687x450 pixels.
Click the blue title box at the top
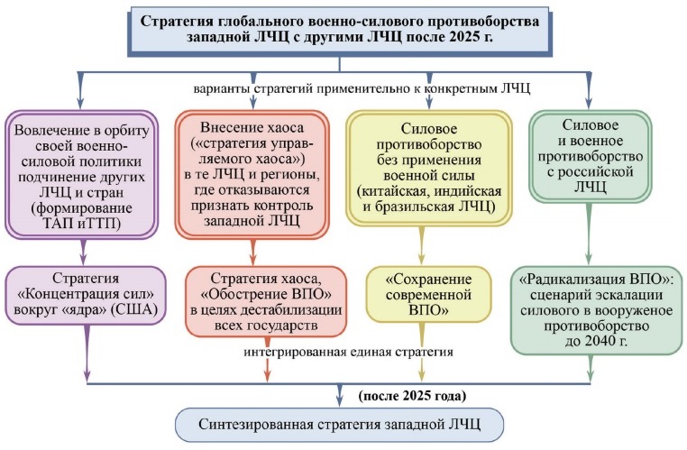coord(340,30)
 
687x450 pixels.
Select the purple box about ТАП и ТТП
coord(81,174)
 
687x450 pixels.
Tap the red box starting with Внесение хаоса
coord(252,174)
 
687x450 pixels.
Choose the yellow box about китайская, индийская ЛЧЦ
coord(429,169)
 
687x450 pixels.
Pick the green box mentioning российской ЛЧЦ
coord(590,156)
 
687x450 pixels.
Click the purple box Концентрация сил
coord(86,295)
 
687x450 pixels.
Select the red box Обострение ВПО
coord(266,301)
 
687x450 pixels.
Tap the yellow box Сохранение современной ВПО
coord(428,295)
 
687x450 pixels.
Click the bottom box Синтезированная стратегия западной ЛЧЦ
coord(340,424)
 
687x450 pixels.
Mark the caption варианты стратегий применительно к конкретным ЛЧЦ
coord(362,88)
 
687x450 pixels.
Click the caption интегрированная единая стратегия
coord(348,352)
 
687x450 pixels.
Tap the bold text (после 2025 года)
coord(412,396)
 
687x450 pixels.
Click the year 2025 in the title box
coord(464,37)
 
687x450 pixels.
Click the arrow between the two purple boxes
coord(83,252)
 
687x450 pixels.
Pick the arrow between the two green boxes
coord(589,234)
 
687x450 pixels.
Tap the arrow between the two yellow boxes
coord(422,246)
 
